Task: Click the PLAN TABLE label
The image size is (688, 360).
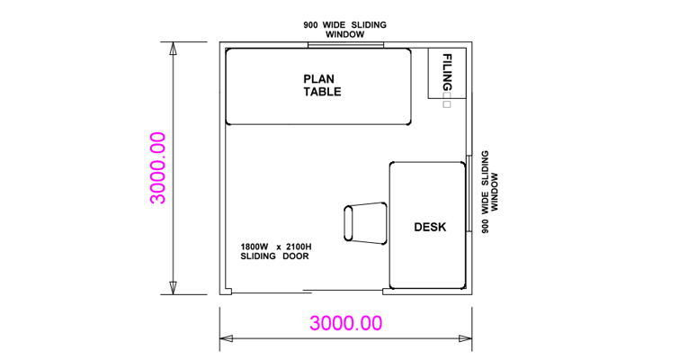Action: (x=322, y=85)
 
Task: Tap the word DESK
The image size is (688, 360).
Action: (x=430, y=227)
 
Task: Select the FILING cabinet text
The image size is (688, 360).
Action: (x=447, y=72)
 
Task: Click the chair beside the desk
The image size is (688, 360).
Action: (x=365, y=223)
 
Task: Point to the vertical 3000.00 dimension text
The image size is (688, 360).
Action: (x=158, y=167)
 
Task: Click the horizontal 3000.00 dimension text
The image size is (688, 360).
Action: (x=345, y=323)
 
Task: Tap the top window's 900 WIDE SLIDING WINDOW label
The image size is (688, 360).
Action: (x=344, y=30)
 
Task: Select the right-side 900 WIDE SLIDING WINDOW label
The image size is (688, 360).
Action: (x=489, y=192)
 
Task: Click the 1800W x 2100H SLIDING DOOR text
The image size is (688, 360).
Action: (x=276, y=252)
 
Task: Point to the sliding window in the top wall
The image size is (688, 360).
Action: (x=345, y=44)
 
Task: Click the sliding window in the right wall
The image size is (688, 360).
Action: (x=469, y=193)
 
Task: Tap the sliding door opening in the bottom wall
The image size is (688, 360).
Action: (x=308, y=291)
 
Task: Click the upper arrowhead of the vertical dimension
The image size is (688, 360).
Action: (x=174, y=49)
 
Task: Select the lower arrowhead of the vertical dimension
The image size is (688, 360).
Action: (x=174, y=288)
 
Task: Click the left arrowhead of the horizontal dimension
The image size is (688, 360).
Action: (x=227, y=338)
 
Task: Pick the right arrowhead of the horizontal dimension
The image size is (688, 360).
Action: (x=466, y=338)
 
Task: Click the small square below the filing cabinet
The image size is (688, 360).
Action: (x=447, y=104)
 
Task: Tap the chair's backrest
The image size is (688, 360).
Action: (x=348, y=223)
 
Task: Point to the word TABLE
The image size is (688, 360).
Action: (x=322, y=91)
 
